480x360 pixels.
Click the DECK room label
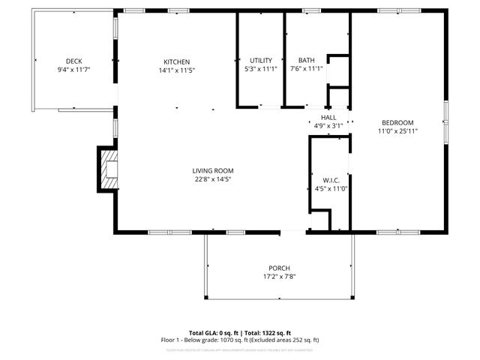pos(73,61)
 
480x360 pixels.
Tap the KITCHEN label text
pos(177,61)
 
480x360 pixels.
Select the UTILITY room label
pos(261,61)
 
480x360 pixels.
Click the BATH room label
pos(306,61)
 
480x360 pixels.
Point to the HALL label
pos(328,118)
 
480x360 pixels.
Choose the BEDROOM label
pos(397,122)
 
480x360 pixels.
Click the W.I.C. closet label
pos(331,179)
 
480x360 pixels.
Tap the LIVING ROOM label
pos(213,170)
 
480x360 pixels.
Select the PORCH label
pos(279,268)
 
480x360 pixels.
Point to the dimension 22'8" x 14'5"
pos(213,179)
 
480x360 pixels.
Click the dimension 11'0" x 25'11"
pos(397,131)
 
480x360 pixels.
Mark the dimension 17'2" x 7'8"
pos(279,277)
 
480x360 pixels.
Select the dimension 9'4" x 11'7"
pos(73,70)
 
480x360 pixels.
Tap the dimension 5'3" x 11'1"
pos(261,69)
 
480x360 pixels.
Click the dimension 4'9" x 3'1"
pos(328,126)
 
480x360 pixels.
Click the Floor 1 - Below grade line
pos(240,340)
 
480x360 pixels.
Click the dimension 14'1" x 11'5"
pos(177,70)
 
